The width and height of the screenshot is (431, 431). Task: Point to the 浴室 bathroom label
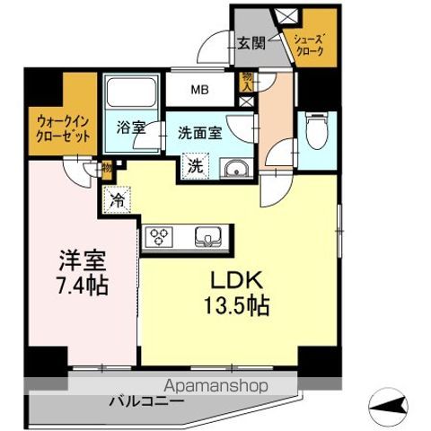131,128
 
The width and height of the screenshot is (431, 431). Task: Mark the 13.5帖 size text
237,305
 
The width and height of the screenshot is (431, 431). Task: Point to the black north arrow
392,408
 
